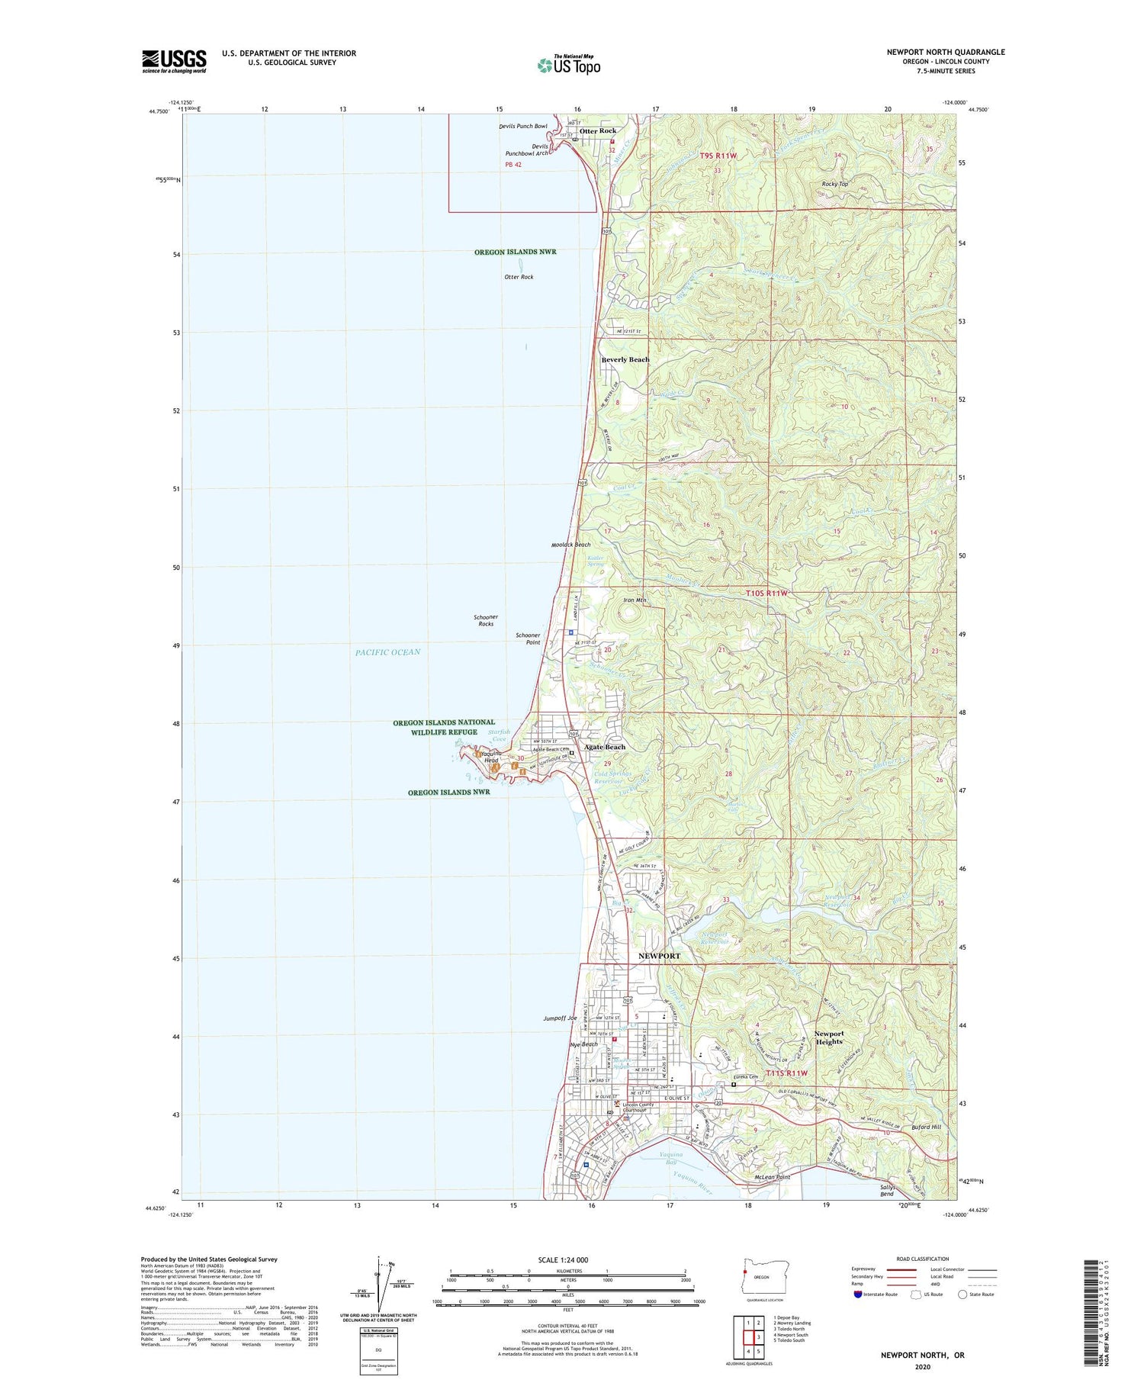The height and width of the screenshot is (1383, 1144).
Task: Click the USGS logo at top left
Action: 174,61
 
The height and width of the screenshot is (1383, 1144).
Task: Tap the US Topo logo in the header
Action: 569,66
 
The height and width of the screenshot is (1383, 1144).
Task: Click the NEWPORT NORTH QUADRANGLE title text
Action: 945,52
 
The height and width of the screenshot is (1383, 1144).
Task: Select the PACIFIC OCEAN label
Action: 387,652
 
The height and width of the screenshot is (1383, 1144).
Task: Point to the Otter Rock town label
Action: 598,131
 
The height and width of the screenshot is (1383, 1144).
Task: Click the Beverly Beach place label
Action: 625,359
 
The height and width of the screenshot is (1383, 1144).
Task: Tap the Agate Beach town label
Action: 605,747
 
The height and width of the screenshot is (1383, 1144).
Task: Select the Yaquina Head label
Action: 487,757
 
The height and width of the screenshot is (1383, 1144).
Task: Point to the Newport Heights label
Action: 829,1037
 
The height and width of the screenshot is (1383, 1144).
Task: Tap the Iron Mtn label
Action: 635,600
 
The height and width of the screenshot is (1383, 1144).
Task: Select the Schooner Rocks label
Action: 486,620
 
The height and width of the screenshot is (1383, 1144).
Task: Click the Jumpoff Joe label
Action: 561,1018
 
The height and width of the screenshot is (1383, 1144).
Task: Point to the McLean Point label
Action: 771,1177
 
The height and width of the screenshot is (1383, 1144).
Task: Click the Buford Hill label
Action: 926,1127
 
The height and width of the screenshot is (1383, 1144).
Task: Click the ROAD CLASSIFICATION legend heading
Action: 923,1259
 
